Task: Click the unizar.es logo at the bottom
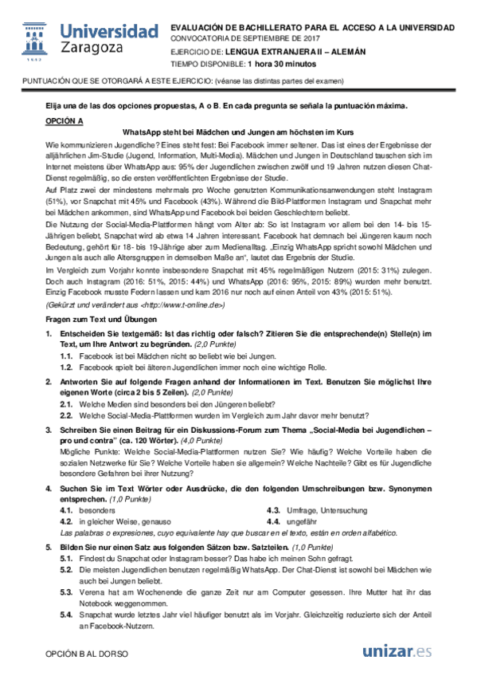[397, 651]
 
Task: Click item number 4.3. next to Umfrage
[273, 509]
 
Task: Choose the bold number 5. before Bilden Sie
[49, 548]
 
